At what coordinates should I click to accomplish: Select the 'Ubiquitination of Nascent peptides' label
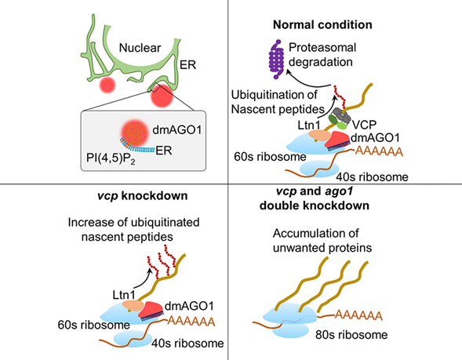point(276,103)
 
